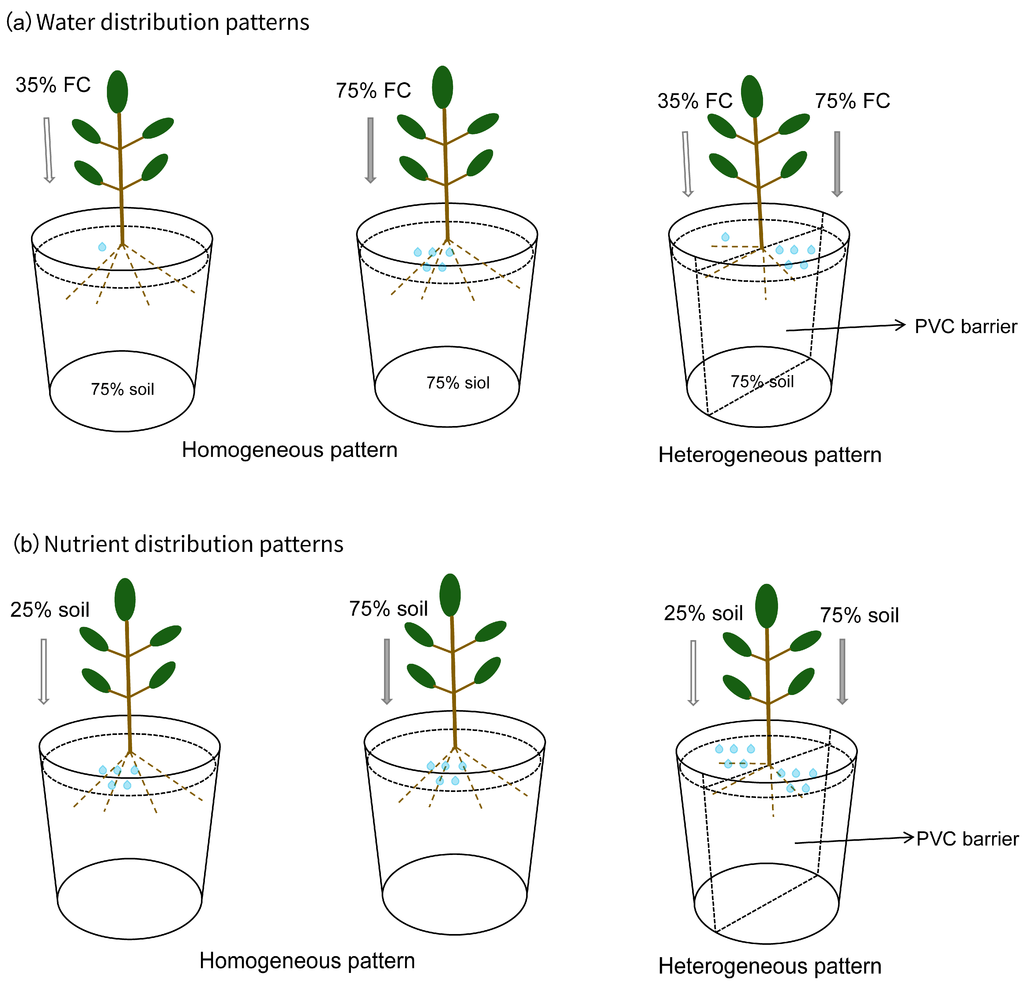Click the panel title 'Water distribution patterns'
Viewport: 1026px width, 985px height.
coord(173,23)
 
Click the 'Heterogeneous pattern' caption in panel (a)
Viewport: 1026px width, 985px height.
coord(770,455)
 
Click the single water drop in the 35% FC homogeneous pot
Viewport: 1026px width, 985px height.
coord(102,246)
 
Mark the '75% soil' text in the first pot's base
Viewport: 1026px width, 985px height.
coord(122,389)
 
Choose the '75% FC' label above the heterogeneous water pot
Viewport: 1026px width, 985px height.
coord(852,101)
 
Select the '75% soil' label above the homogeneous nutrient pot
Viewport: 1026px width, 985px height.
coord(388,609)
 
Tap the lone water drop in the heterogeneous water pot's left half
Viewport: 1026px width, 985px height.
coord(725,237)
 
